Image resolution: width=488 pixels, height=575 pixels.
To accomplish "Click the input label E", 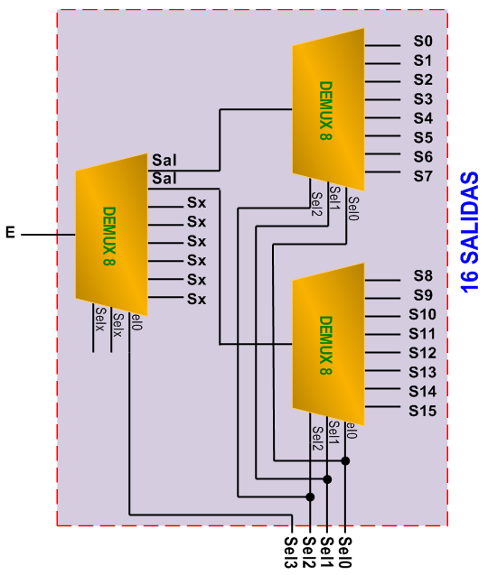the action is coord(10,233).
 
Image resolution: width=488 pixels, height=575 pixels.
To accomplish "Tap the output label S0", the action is coord(423,42).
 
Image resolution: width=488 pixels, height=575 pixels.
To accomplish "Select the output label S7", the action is coord(423,176).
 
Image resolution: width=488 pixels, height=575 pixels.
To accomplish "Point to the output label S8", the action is coord(423,276).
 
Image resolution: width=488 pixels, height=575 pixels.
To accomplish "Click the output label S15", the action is coord(423,411).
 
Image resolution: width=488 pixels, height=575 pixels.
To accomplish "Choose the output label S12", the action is coord(423,353).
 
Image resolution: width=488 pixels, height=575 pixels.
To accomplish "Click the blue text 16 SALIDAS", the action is coord(470,232).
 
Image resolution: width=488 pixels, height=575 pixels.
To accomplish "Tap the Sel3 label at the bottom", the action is coord(290,552).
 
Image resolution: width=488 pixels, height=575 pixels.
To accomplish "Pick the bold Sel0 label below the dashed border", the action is coord(345,552).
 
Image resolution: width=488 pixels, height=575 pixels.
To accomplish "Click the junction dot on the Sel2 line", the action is coord(310,496).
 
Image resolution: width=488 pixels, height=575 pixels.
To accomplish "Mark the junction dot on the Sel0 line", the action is coord(345,460).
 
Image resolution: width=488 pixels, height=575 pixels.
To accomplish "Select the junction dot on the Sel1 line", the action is coord(327,479).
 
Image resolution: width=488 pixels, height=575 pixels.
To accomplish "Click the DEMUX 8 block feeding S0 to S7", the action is coord(328,109).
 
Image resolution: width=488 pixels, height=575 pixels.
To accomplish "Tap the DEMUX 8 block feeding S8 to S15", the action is coord(328,344).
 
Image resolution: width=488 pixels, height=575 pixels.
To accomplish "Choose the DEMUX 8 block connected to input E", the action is coord(112,235).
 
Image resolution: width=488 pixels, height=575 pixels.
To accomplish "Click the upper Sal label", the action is coord(164,161).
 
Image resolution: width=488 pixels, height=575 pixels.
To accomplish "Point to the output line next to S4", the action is coord(382,118).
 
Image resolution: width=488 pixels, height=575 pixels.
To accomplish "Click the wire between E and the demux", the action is coord(48,235).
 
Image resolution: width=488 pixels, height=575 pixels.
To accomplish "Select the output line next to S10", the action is coord(382,316).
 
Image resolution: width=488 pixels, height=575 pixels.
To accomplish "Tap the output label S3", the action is coord(423,99).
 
